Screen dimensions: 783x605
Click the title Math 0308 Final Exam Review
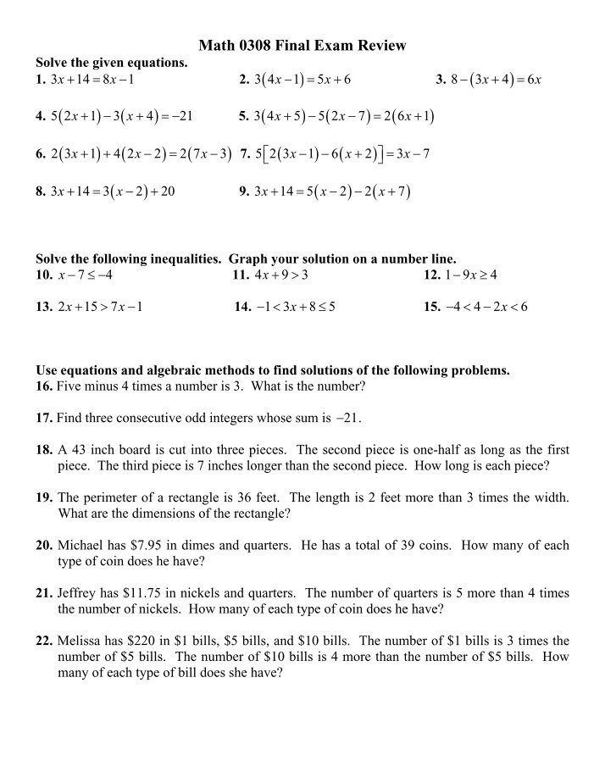pos(302,46)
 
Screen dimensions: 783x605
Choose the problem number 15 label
pos(431,307)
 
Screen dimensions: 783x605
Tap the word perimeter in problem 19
pos(114,497)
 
